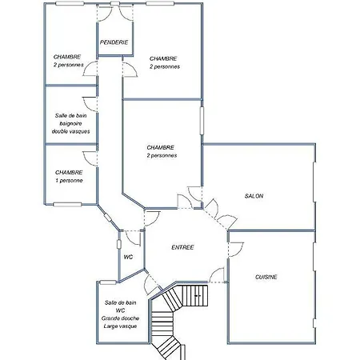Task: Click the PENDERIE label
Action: tap(114, 42)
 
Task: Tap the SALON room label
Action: tap(254, 196)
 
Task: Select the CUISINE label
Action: tap(266, 277)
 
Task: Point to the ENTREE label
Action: tap(182, 247)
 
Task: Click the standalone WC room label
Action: tap(128, 258)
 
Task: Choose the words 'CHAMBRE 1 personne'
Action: tap(69, 177)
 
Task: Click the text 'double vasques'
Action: tap(70, 131)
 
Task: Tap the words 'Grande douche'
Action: tap(120, 318)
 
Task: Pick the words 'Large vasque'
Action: tap(120, 326)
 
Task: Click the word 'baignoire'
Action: tap(70, 123)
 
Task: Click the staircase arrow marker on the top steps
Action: tap(198, 296)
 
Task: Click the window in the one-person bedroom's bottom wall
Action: tap(67, 205)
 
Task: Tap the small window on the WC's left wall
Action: tap(119, 244)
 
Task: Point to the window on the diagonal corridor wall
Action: tap(108, 218)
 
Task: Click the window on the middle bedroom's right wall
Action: tap(202, 121)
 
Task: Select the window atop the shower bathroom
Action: tap(108, 282)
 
